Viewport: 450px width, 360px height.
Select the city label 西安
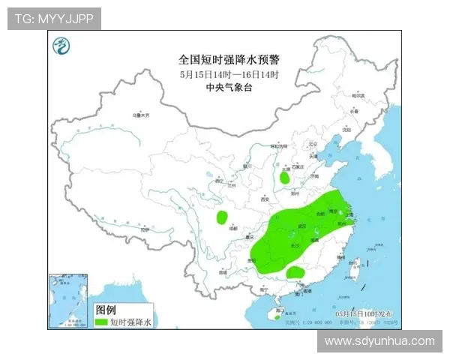point(264,199)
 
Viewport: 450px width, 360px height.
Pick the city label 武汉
point(302,225)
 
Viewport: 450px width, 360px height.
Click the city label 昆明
point(223,271)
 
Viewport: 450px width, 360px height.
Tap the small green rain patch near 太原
point(285,178)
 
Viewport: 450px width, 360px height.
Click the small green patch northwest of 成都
point(222,217)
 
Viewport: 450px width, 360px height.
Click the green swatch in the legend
point(100,322)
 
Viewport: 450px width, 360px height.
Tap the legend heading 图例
point(106,310)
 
